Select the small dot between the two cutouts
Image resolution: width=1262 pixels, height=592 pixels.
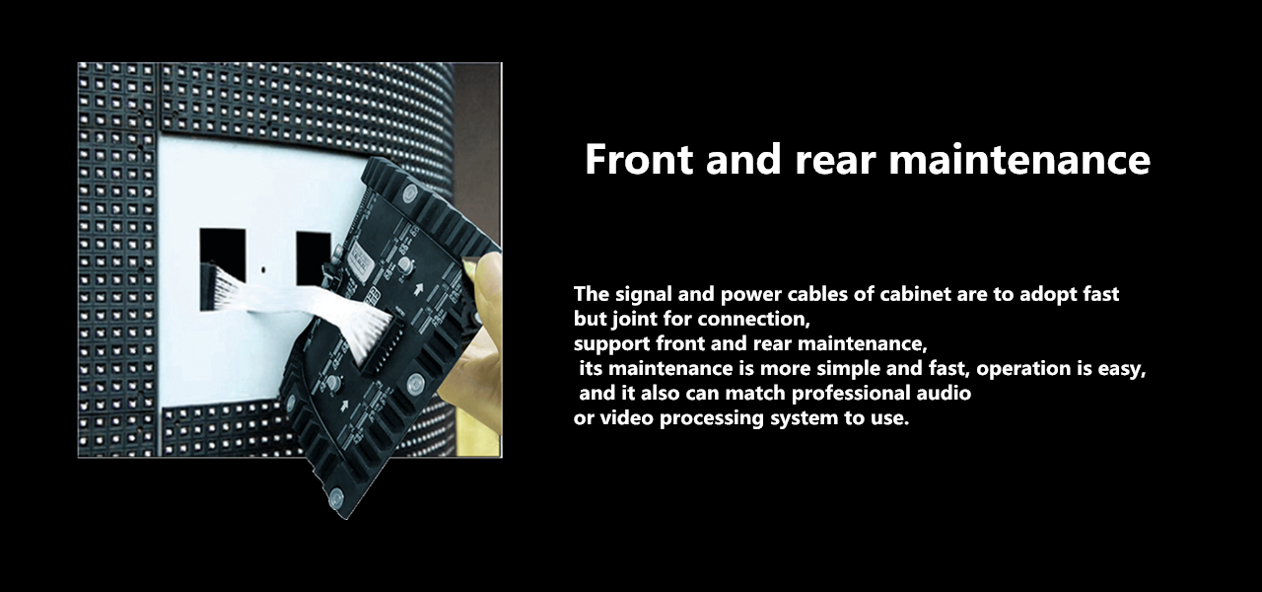click(263, 268)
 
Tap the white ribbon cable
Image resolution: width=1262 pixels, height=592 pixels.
click(296, 301)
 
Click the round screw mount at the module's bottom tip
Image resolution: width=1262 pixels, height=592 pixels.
click(335, 499)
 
